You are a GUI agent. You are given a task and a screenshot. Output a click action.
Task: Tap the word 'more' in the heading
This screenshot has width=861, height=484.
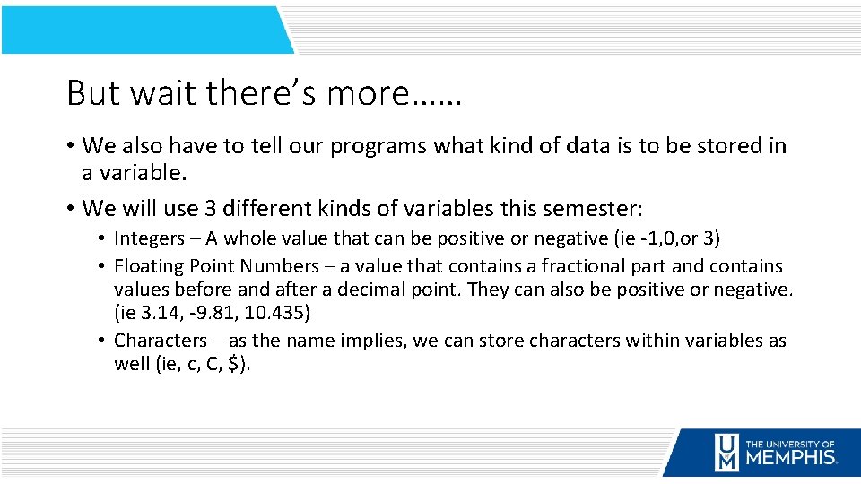coord(369,92)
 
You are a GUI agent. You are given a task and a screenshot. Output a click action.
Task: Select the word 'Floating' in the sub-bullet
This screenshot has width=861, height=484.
coord(148,266)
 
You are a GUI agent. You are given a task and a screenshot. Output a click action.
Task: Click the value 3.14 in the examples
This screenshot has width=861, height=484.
coord(153,315)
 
